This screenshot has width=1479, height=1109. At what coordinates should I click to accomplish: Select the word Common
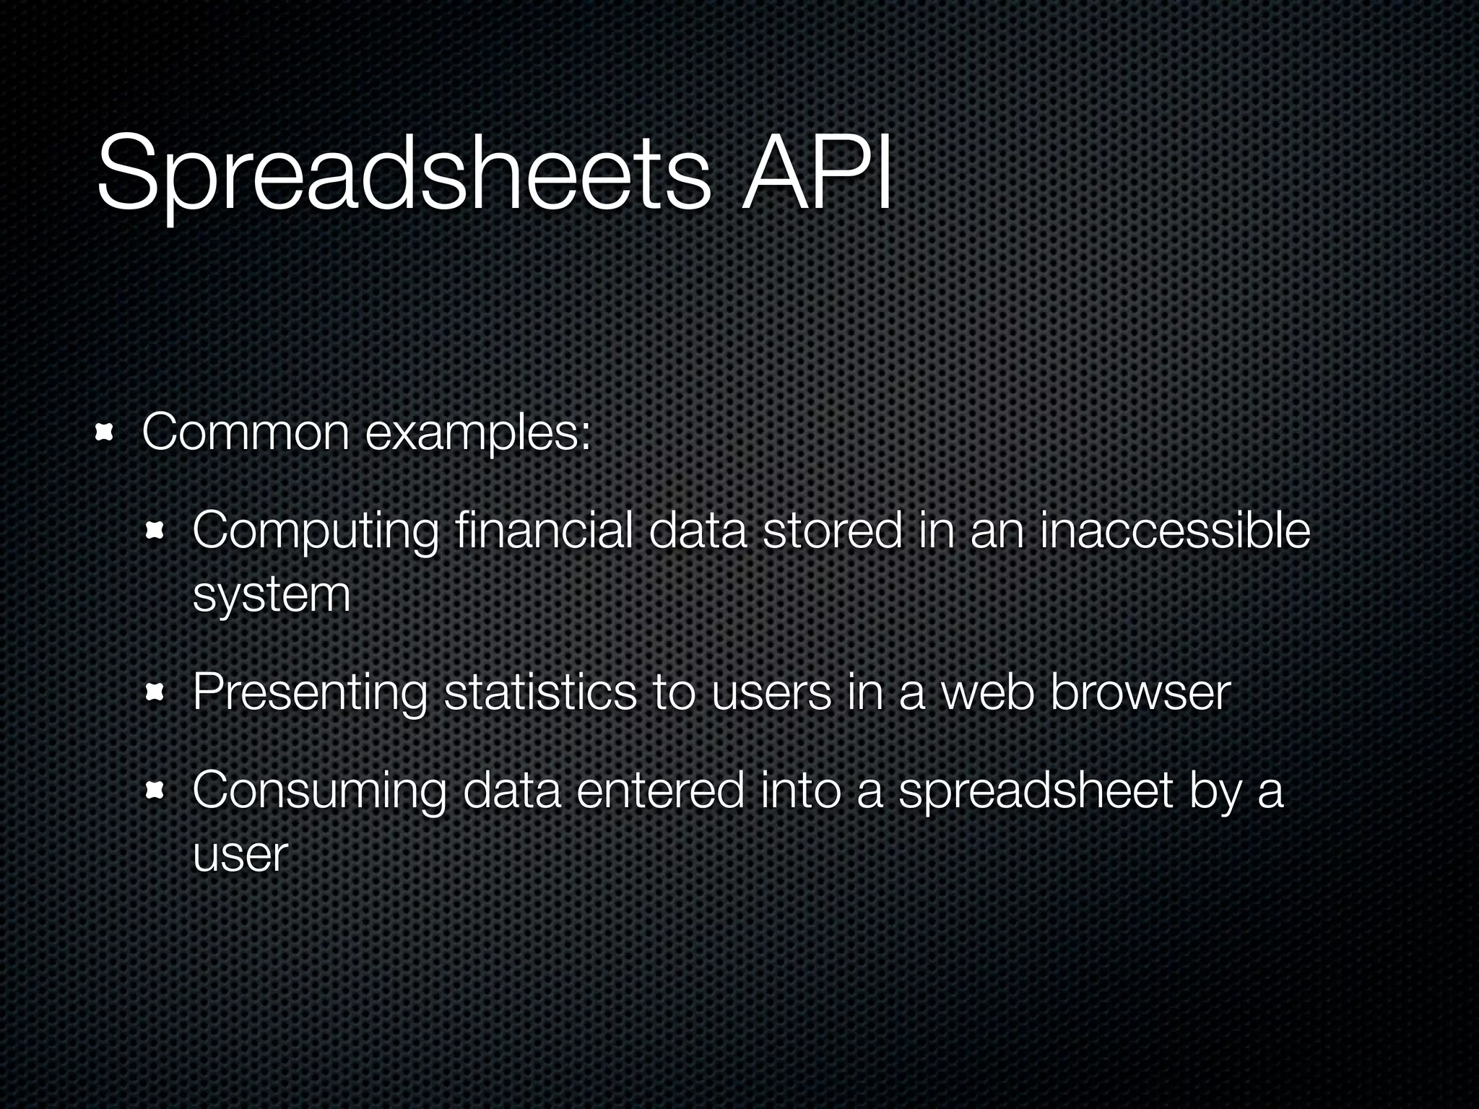click(246, 433)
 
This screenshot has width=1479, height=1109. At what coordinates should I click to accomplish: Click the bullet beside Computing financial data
click(155, 532)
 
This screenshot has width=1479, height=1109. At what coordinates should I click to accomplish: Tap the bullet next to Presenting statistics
click(155, 693)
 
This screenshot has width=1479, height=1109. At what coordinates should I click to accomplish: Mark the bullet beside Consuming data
click(155, 792)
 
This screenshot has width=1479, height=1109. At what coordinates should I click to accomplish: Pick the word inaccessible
click(1174, 531)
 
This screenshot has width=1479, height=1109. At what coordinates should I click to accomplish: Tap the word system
click(272, 596)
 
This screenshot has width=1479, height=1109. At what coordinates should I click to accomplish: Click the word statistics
click(539, 693)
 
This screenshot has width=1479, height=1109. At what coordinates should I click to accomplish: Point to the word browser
click(1140, 693)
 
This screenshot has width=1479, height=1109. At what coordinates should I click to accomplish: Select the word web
click(987, 693)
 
